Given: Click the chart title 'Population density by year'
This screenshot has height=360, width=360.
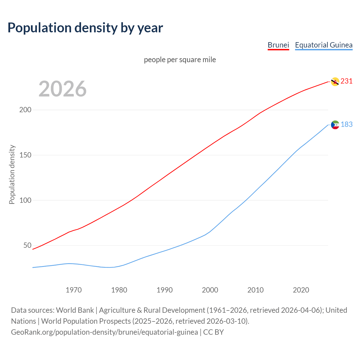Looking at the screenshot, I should [85, 28].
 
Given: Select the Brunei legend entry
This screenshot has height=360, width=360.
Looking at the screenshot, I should [278, 45].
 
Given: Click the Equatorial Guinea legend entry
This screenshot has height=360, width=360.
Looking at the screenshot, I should [323, 45].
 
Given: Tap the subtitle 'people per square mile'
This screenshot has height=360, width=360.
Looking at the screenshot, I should [180, 60].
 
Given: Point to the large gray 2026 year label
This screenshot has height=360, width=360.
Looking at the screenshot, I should [62, 89].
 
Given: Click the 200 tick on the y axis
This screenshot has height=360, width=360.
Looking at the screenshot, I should [25, 110].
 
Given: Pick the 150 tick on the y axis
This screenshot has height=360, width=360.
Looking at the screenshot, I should [25, 155].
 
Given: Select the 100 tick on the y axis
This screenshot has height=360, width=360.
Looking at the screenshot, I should [25, 200].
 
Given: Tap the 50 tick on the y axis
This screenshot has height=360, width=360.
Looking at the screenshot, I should [27, 246].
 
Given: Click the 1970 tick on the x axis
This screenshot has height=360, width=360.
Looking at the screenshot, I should [74, 290].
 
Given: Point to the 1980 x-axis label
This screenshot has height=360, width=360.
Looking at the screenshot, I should [119, 290].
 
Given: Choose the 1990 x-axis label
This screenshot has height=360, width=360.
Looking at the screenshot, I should [165, 290].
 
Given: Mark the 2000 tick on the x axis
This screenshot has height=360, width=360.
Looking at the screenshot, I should [210, 290].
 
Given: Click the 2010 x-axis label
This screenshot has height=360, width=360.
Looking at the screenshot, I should [255, 290].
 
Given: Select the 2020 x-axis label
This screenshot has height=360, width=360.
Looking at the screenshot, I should [301, 290].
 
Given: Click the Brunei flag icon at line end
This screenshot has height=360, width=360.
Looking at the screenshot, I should [335, 82].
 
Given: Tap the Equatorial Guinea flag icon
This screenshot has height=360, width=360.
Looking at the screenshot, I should [335, 125].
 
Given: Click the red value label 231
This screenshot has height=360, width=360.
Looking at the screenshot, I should [346, 81].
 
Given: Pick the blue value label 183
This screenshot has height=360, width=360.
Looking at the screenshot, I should [346, 124].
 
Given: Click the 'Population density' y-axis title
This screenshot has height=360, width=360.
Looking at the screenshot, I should [12, 174].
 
